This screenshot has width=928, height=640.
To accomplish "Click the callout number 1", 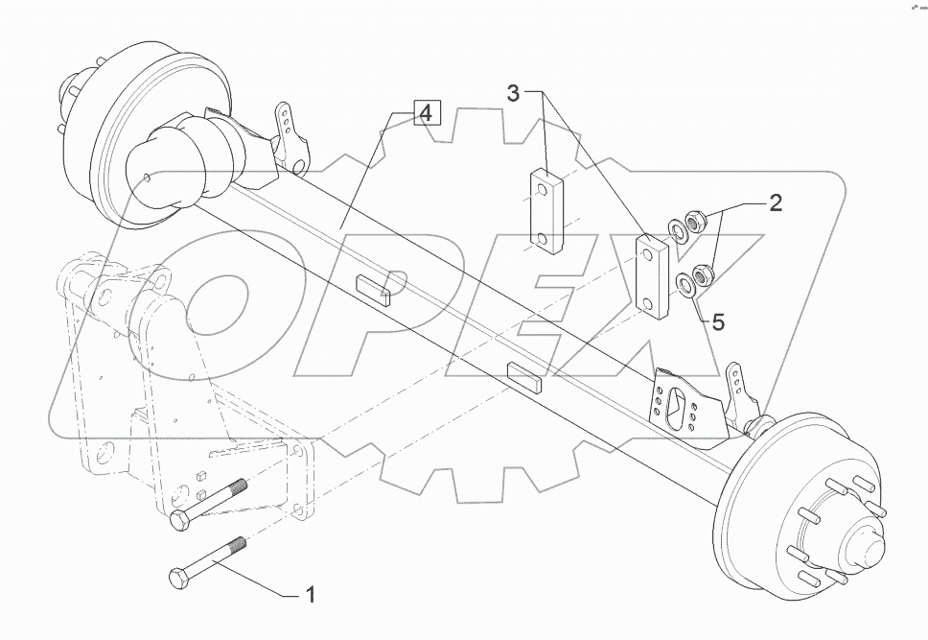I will (x=309, y=596).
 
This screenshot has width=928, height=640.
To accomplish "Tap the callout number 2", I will (x=775, y=202).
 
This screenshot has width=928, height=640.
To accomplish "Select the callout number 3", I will (x=515, y=93).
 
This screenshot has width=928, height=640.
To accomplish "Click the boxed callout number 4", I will (x=425, y=114).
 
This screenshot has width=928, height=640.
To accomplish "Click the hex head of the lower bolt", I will (x=178, y=580).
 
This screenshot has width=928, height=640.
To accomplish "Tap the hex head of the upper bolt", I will (x=179, y=522).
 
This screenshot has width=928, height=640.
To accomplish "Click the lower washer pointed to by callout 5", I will (x=684, y=284).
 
